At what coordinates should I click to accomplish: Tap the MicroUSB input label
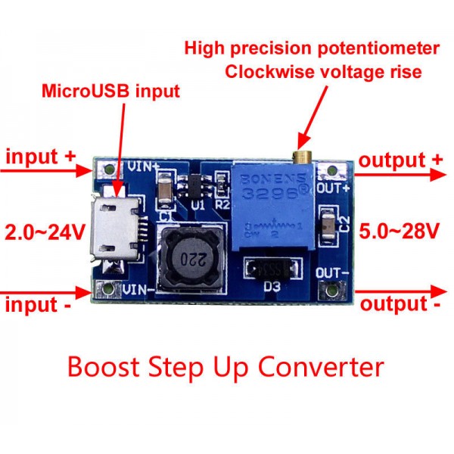point(110,92)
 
